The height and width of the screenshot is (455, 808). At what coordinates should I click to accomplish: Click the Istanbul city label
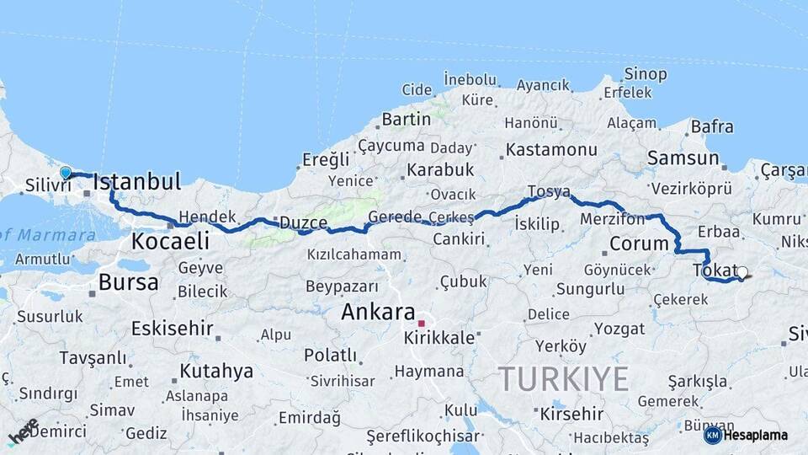[137, 181]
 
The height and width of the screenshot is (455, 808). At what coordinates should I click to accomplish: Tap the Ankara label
[378, 312]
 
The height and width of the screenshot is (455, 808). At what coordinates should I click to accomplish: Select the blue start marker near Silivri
[66, 173]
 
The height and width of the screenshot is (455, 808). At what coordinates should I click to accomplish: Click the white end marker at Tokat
[742, 272]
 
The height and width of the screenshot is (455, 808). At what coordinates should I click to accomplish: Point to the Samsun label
[683, 158]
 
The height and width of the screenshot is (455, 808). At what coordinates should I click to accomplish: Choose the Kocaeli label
[170, 241]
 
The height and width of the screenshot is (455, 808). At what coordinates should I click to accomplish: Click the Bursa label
[128, 282]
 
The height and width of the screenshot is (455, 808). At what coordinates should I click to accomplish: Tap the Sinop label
[646, 75]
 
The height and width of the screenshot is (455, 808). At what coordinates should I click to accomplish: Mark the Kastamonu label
[552, 151]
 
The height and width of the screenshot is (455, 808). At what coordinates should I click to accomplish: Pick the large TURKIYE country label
[563, 379]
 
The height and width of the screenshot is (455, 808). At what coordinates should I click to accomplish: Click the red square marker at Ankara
[422, 323]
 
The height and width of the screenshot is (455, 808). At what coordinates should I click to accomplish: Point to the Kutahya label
[216, 371]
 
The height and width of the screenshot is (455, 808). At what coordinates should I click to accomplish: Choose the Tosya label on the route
[549, 192]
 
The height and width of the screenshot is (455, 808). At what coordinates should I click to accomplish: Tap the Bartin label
[406, 120]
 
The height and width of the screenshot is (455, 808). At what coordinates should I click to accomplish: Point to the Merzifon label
[612, 219]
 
